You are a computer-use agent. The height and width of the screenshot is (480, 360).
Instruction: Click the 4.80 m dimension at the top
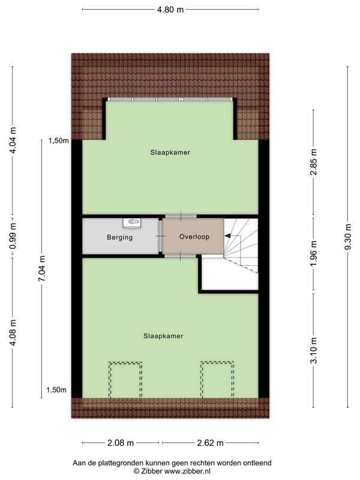coord(170,10)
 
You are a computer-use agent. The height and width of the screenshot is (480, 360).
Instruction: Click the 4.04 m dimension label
coord(13,142)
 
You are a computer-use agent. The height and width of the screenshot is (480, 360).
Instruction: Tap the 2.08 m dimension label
coord(121,443)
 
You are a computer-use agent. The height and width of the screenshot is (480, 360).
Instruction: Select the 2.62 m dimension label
coord(209,443)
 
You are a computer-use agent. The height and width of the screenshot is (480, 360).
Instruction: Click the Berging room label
coord(119,237)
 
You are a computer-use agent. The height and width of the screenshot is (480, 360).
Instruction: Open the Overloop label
coord(194,236)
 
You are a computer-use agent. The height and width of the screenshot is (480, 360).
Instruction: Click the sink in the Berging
coord(131,223)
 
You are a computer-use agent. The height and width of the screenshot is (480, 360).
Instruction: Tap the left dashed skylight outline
coord(125,379)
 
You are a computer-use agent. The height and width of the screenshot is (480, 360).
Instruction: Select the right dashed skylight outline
coord(217,379)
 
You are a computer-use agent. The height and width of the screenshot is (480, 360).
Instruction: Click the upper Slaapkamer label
coord(170,152)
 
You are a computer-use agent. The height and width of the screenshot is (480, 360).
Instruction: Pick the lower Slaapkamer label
coord(163,336)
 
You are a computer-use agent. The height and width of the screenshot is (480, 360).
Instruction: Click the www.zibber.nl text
coord(191,471)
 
